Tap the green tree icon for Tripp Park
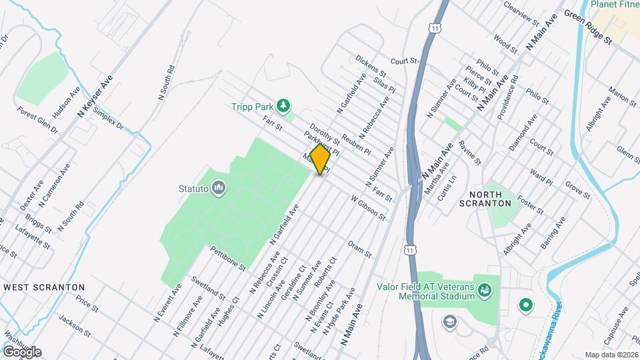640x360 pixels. click(285, 105)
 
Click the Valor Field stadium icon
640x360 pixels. click(485, 289)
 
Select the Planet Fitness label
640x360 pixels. click(617, 4)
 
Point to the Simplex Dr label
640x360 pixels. click(109, 118)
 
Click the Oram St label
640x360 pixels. click(359, 249)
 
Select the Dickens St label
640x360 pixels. click(371, 65)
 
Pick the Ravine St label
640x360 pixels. click(469, 153)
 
